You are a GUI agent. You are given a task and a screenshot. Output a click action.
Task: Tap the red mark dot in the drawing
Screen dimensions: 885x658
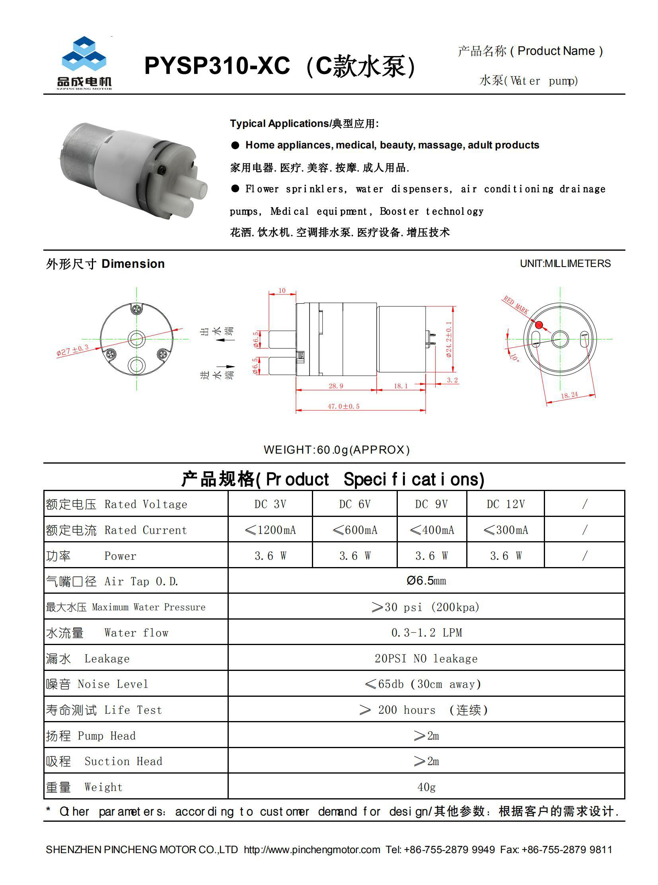(x=539, y=325)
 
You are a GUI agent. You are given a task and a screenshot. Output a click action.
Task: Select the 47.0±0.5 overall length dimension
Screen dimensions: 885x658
(x=343, y=406)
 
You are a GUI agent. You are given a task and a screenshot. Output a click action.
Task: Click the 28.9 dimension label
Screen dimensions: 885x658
(x=336, y=386)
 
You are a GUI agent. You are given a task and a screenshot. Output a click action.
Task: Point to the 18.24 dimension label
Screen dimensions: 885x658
(x=569, y=395)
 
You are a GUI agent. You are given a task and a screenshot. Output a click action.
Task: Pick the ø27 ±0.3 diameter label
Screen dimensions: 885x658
(x=72, y=350)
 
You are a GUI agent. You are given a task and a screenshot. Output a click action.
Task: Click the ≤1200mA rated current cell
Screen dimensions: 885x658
(x=271, y=530)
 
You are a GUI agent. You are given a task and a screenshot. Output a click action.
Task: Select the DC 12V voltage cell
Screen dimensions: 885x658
(x=506, y=504)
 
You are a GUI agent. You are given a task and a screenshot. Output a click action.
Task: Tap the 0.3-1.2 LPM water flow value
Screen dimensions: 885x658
(x=426, y=632)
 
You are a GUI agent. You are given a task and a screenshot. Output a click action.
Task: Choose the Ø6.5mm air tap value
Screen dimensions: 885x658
(x=426, y=581)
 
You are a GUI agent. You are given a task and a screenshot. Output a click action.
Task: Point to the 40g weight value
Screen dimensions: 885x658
(x=426, y=787)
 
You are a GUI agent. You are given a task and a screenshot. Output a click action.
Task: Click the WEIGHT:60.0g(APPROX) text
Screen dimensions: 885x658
(x=337, y=450)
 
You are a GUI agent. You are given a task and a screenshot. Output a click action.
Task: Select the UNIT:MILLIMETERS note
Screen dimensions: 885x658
(x=565, y=263)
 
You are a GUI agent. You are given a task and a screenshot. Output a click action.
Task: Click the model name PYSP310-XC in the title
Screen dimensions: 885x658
(x=217, y=66)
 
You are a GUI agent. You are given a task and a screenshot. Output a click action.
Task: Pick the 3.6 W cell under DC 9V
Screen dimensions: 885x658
(x=431, y=556)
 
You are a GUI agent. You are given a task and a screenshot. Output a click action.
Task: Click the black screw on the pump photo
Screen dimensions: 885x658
(x=163, y=170)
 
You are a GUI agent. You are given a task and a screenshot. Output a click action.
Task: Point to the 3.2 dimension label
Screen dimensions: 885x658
(x=452, y=380)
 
